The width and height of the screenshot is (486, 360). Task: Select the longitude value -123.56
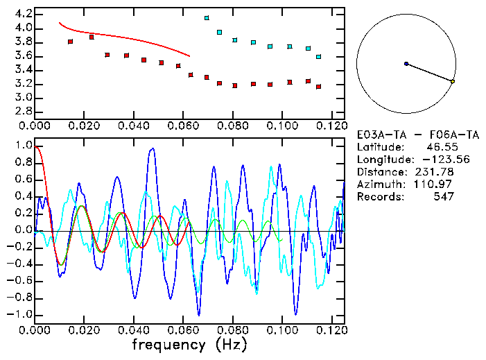click(431, 160)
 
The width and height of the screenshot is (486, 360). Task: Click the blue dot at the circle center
click(406, 64)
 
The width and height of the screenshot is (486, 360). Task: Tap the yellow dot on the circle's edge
click(453, 82)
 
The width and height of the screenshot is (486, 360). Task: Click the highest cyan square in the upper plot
click(207, 18)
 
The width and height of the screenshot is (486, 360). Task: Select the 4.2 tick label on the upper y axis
click(23, 14)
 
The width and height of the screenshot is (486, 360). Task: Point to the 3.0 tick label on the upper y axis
click(23, 98)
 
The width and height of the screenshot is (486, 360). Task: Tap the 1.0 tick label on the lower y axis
click(23, 146)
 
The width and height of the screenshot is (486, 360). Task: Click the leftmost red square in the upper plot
click(70, 42)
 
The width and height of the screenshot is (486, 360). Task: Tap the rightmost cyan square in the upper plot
click(318, 57)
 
